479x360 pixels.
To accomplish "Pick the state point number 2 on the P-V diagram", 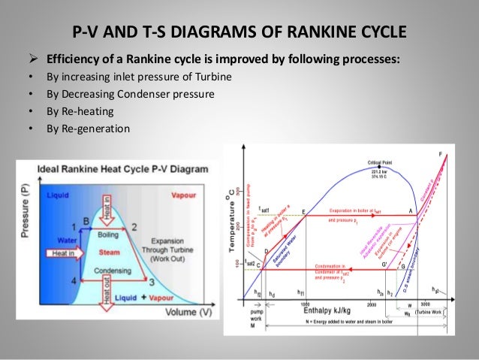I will pyautogui.click(x=134, y=225).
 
